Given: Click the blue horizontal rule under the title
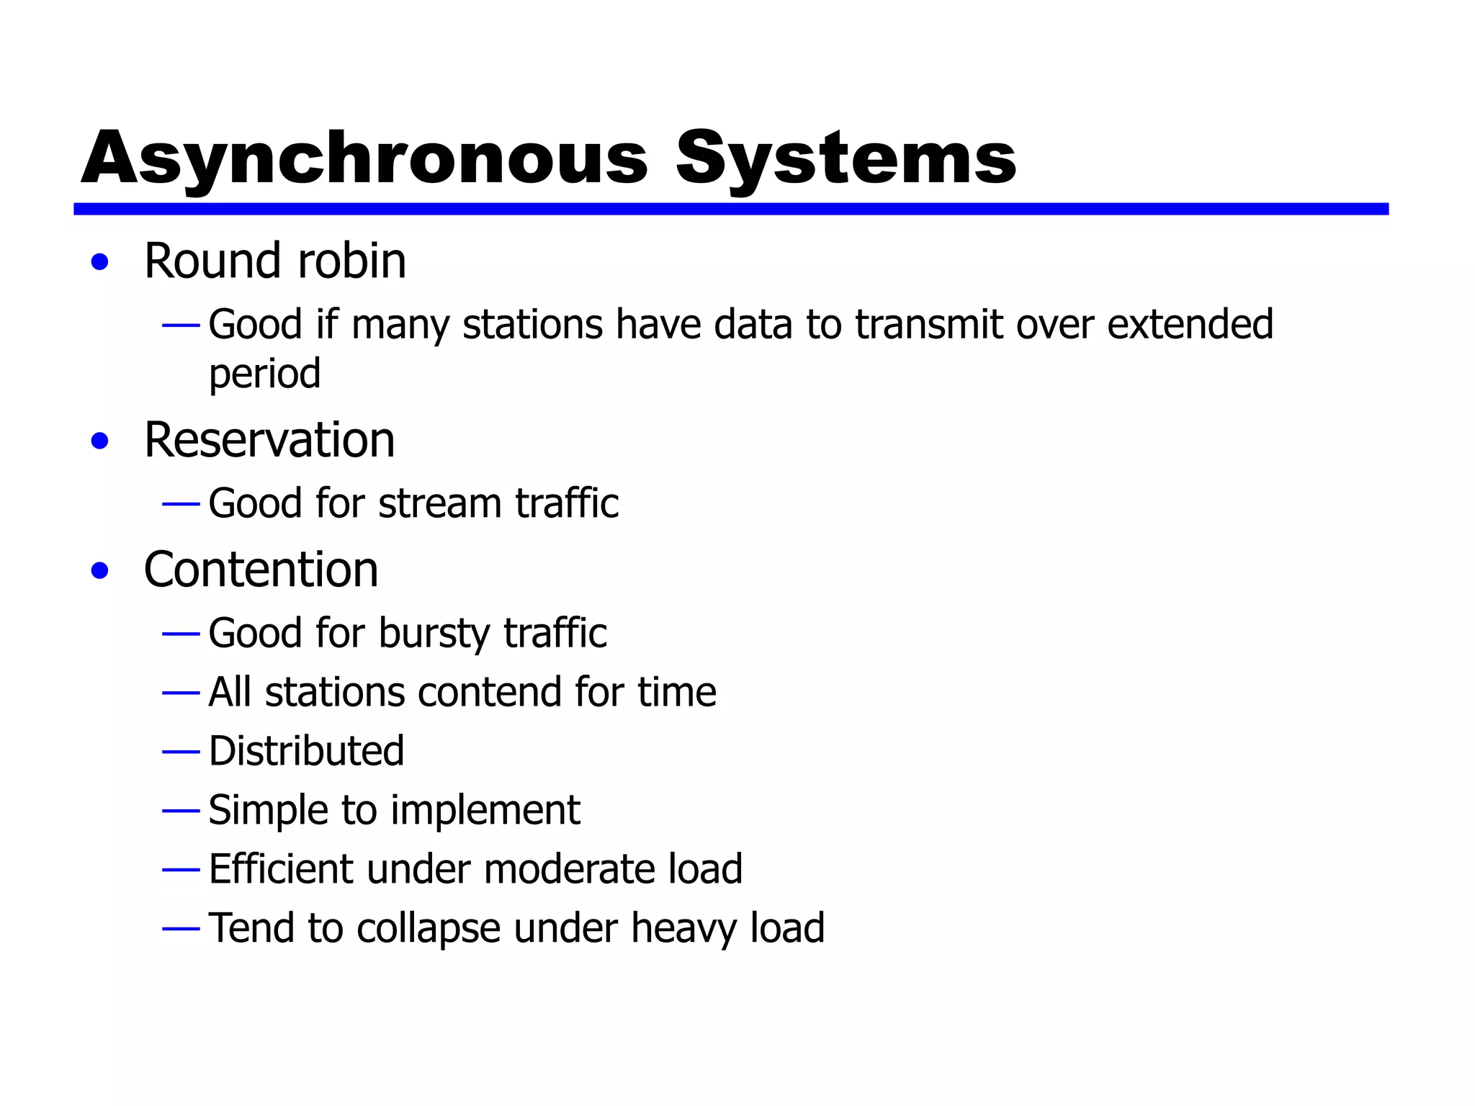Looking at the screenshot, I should [x=730, y=209].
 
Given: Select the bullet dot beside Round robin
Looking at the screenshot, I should [x=100, y=262].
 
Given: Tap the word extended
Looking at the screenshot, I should [x=1190, y=324].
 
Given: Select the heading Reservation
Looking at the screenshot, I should [x=269, y=440].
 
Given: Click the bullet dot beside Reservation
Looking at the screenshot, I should [x=100, y=441].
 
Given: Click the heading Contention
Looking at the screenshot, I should [x=261, y=570].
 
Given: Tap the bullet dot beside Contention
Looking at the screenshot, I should [x=100, y=571].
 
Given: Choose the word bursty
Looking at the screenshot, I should [x=434, y=634].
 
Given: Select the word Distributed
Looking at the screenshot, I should [x=306, y=751].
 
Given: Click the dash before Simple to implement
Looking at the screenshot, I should [x=181, y=811].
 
